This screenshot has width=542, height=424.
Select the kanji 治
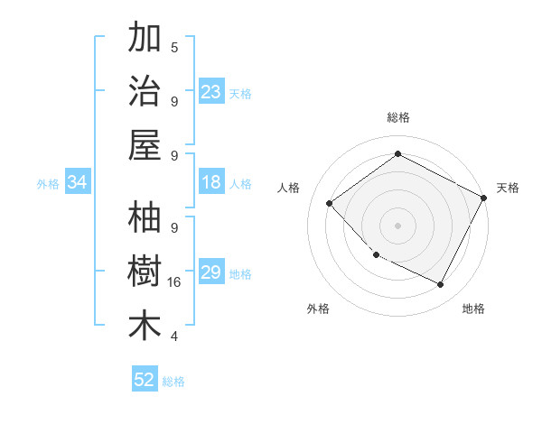pyautogui.click(x=145, y=90)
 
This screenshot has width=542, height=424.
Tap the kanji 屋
pyautogui.click(x=145, y=144)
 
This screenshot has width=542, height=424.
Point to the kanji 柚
pyautogui.click(x=145, y=219)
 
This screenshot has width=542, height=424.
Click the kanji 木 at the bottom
pyautogui.click(x=145, y=326)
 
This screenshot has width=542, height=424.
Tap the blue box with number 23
pyautogui.click(x=210, y=91)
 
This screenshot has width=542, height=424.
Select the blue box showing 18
pyautogui.click(x=210, y=183)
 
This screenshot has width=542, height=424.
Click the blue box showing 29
pyautogui.click(x=210, y=273)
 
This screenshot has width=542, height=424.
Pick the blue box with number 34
pyautogui.click(x=77, y=183)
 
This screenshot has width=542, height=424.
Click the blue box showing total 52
pyautogui.click(x=145, y=380)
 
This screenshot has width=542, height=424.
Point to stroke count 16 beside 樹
pyautogui.click(x=174, y=282)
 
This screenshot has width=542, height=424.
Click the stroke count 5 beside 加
pyautogui.click(x=174, y=46)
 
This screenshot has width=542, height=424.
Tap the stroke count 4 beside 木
pyautogui.click(x=174, y=336)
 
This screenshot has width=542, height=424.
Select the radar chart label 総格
pyautogui.click(x=397, y=117)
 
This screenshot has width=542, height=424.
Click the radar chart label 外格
pyautogui.click(x=318, y=309)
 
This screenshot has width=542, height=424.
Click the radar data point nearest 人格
pyautogui.click(x=330, y=204)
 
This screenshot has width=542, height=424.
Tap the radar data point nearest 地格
pyautogui.click(x=440, y=285)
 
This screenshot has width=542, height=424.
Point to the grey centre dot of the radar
pyautogui.click(x=397, y=225)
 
